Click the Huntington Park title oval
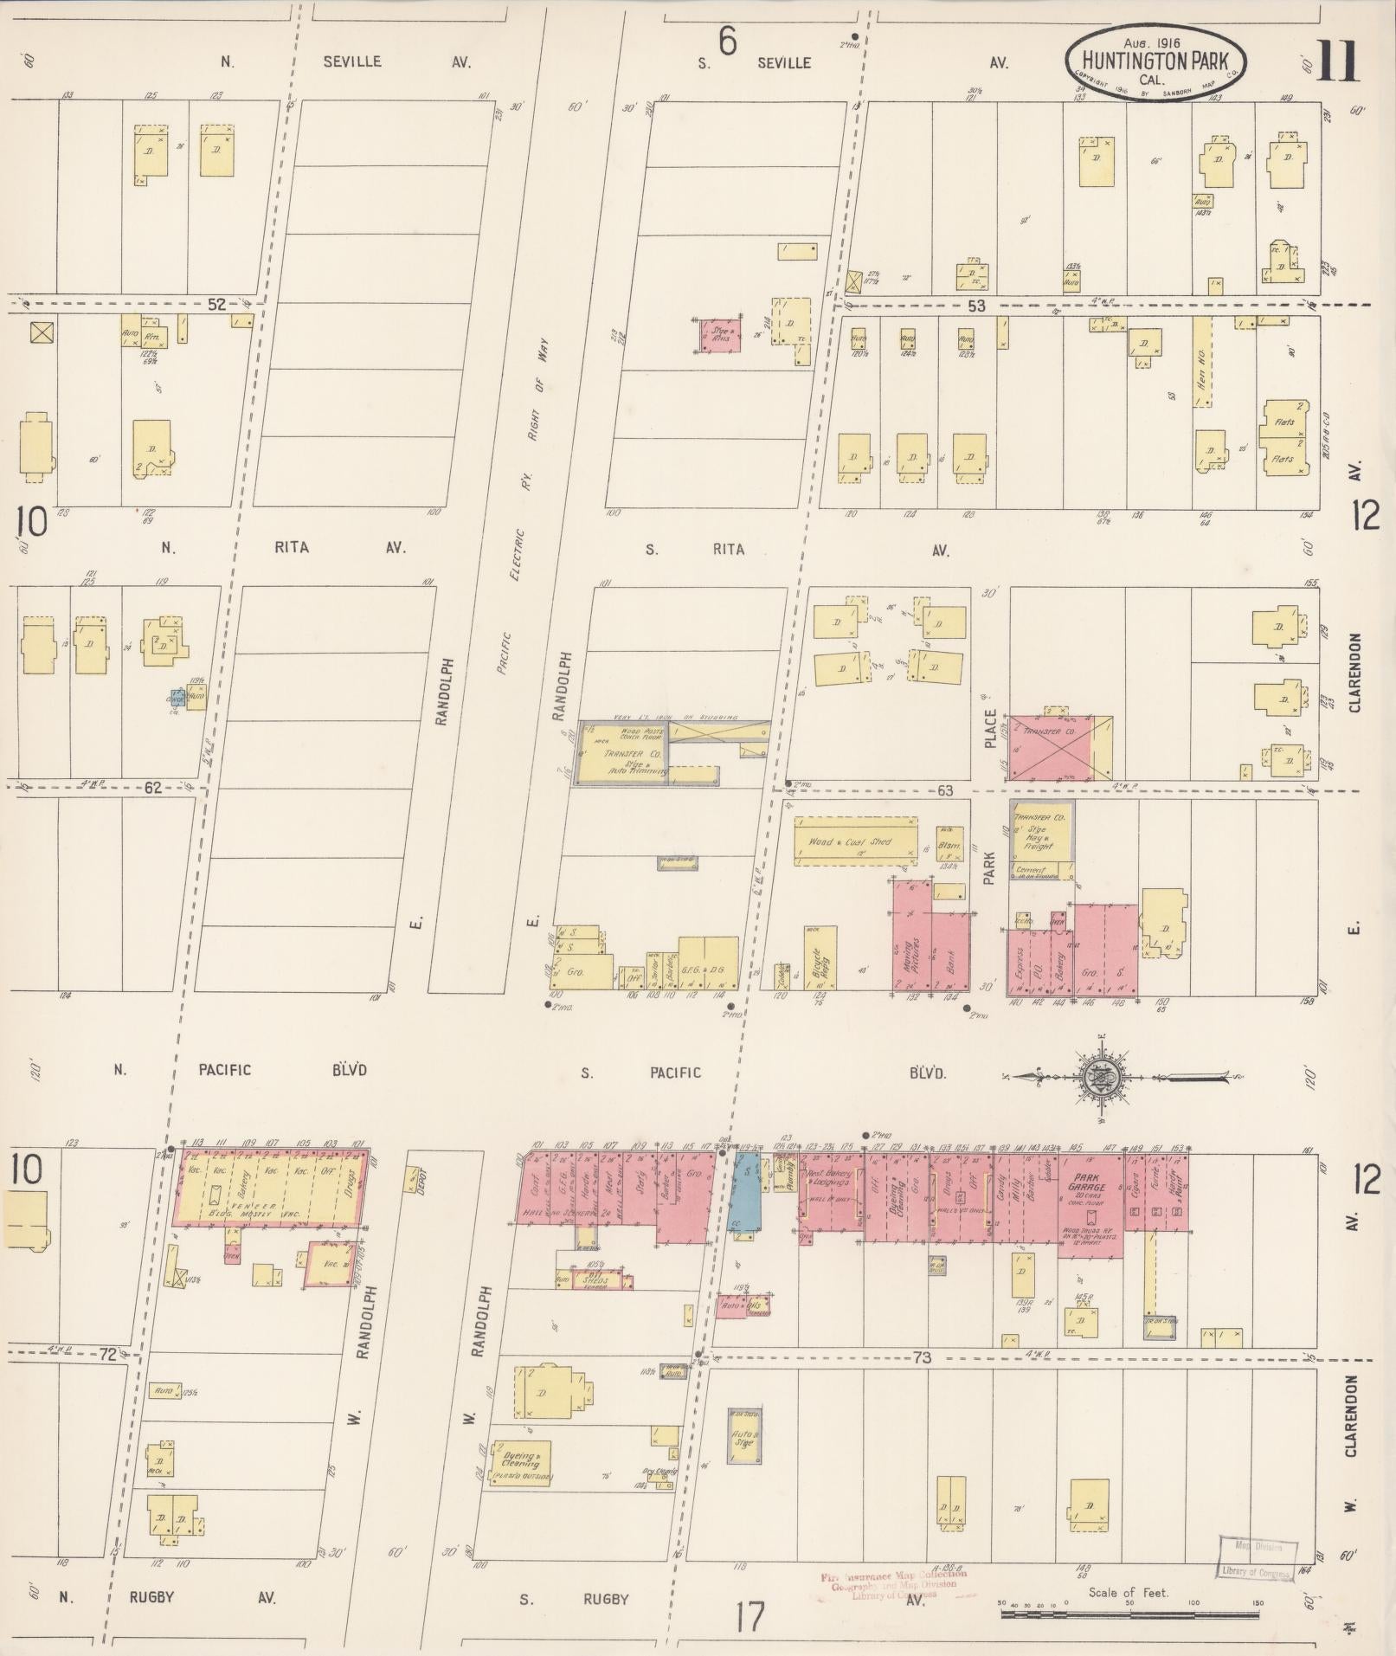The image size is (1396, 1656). tap(1157, 61)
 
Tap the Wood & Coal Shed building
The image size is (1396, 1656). tap(855, 841)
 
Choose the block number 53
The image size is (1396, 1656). tap(977, 306)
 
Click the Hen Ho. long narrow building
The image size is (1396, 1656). tap(1201, 363)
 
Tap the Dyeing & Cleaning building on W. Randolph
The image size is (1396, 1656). tap(520, 1461)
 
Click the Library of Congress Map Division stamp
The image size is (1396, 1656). tap(1258, 1558)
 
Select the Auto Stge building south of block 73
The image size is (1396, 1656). tap(745, 1436)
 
